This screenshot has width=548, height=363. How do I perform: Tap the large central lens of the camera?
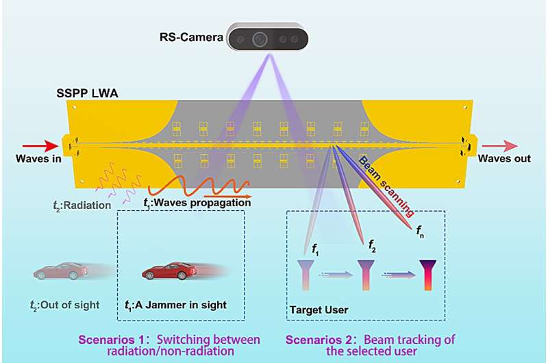(x=259, y=39)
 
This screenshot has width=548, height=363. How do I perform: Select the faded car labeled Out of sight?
(x=62, y=271)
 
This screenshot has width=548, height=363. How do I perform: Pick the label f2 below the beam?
(x=372, y=243)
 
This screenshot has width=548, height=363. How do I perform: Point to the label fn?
(x=420, y=231)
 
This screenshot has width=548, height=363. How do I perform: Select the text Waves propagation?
(x=198, y=202)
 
